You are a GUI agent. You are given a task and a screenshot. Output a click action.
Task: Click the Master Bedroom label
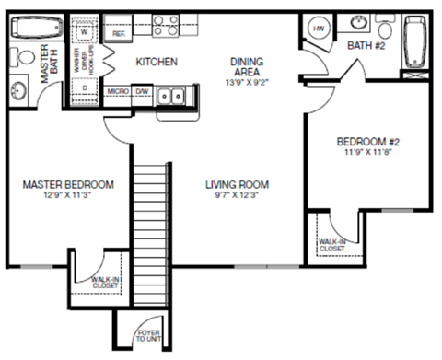point(68,184)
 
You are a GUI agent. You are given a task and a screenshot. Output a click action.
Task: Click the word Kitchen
point(157,63)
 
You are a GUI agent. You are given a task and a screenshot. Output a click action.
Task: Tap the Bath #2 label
point(366,45)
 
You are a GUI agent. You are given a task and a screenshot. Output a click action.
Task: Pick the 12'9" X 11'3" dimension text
point(68,196)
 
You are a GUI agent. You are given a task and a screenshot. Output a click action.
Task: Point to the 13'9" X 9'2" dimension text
point(247,80)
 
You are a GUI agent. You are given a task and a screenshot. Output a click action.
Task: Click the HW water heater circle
point(319,29)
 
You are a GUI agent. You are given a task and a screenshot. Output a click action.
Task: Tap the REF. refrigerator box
point(119,32)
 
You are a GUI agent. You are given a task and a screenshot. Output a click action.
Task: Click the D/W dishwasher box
point(143,92)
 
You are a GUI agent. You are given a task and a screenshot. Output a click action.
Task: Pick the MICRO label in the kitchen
point(117,92)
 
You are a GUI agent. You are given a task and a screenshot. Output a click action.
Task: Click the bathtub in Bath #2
point(413,43)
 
